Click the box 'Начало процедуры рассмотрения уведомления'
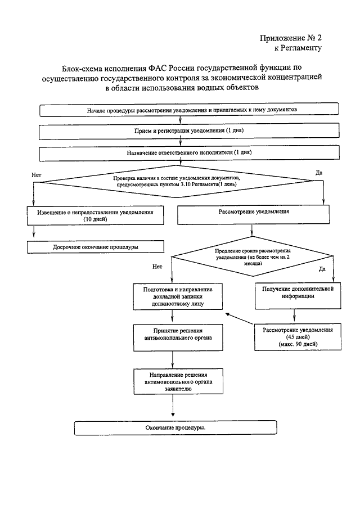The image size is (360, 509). point(189,110)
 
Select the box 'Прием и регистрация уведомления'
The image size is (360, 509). point(189,131)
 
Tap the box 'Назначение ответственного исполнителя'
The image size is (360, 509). point(189,152)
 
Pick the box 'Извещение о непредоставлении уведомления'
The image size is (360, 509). point(95,215)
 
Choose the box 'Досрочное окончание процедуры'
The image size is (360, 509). point(96,247)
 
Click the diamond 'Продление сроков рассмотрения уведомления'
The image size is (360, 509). point(252,256)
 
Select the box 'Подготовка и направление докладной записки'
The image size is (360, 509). point(178,297)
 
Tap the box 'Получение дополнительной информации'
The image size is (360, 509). point(298,296)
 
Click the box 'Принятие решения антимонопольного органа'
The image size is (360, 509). point(178,337)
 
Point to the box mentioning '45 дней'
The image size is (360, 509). point(298,337)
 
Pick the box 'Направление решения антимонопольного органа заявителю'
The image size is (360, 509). point(178,381)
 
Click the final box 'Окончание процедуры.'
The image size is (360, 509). point(175,428)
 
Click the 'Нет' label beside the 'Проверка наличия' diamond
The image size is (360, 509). point(37,175)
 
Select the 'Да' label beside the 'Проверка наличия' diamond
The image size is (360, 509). point(319,173)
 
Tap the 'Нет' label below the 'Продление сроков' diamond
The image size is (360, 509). point(157,267)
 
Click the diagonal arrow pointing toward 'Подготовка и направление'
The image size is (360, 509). point(240,318)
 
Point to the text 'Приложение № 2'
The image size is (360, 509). point(291,38)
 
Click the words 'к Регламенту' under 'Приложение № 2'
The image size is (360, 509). point(298,48)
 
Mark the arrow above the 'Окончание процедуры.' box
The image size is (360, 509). point(173,406)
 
